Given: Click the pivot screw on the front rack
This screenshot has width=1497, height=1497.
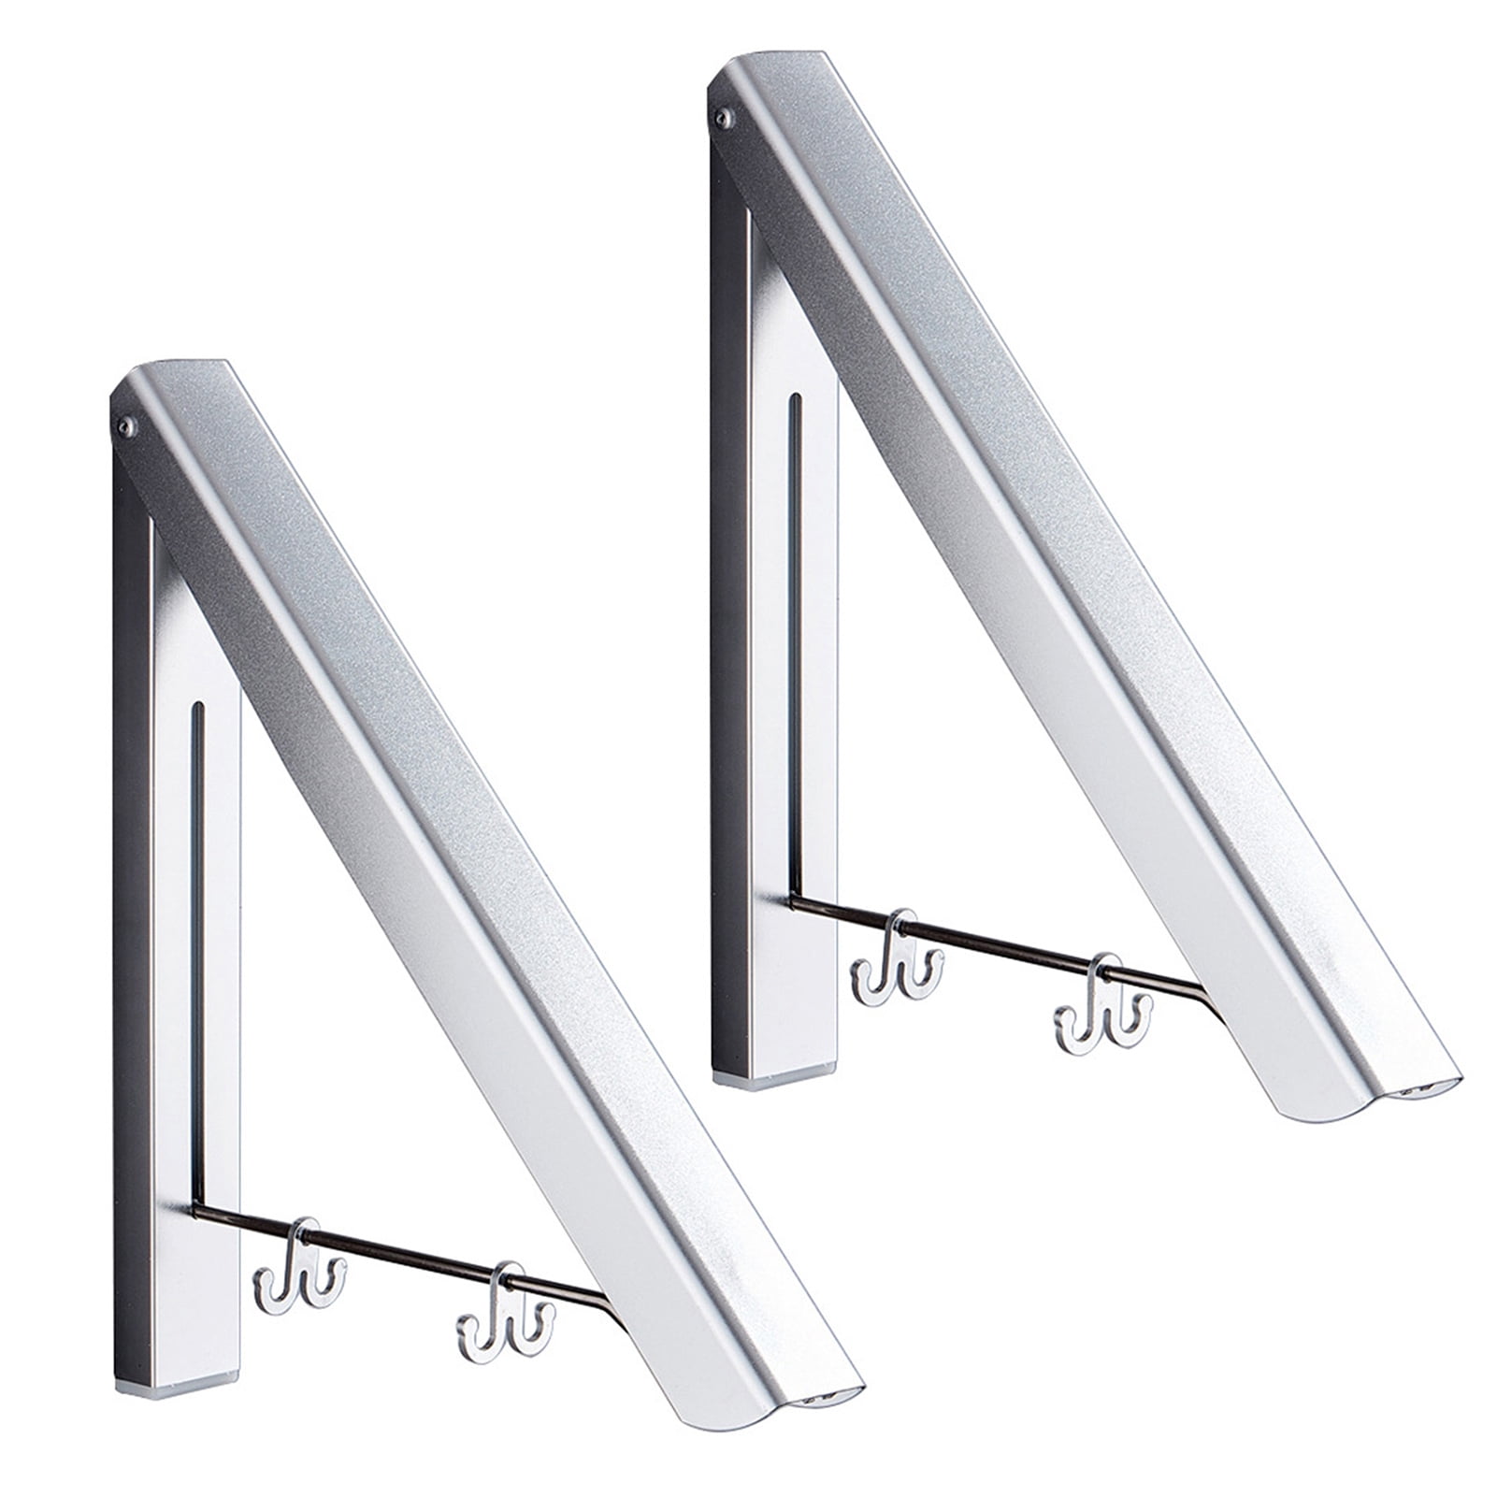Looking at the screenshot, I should pos(124,428).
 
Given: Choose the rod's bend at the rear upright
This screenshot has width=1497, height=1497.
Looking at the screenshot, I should pos(794,903).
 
